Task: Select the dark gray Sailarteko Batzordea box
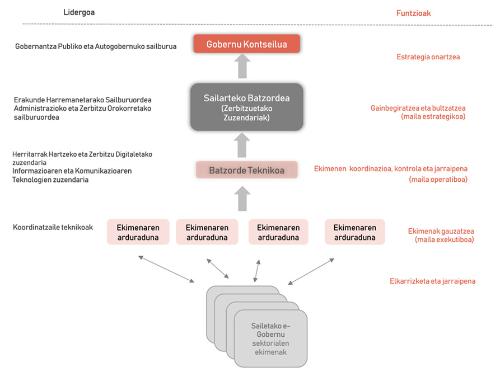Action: tap(246, 107)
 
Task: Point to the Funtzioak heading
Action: tap(414, 13)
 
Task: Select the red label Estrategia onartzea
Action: tap(428, 57)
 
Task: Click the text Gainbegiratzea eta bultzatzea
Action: tap(418, 108)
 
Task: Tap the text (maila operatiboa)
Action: tap(438, 180)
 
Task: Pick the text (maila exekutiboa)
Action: tap(445, 239)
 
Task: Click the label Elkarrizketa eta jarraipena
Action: tap(433, 281)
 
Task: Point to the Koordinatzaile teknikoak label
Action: tap(53, 227)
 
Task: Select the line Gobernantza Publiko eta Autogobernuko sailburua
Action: tap(96, 46)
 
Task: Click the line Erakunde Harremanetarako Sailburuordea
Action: tap(83, 100)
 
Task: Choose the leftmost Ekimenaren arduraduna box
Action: tap(138, 232)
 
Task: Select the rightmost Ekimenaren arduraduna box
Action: tap(355, 232)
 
